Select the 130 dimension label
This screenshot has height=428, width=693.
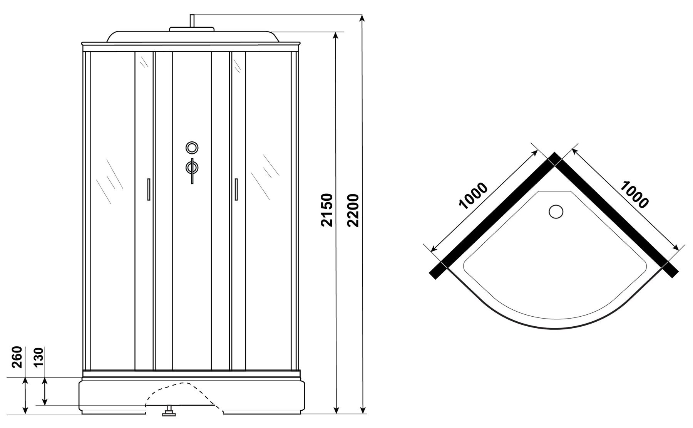39,358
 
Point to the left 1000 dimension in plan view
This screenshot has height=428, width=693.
474,196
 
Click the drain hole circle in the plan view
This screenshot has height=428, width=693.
556,211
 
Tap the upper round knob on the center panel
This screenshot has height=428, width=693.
192,148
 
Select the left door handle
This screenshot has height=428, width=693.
148,189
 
